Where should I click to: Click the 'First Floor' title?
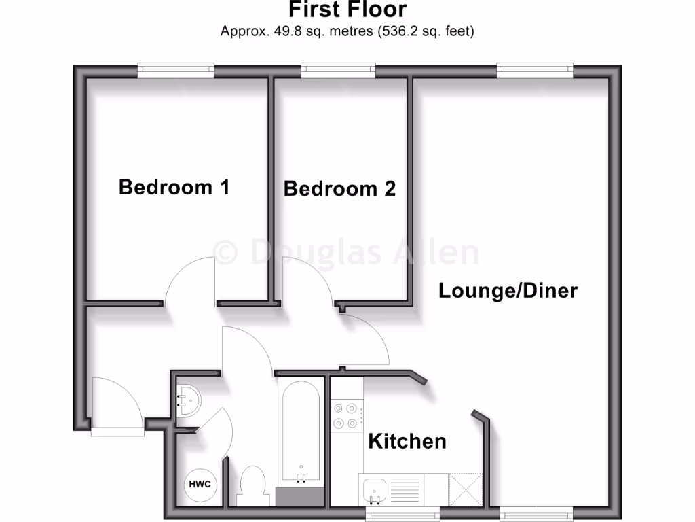[347, 10]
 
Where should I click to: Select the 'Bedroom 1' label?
[174, 187]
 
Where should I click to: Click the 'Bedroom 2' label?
[339, 188]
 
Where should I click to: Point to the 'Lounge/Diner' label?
[508, 291]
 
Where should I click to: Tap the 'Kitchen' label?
[407, 441]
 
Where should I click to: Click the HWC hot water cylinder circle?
[200, 485]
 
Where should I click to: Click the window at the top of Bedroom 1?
[176, 70]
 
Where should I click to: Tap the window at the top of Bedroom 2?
[339, 70]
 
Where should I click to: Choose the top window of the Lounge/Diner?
[534, 70]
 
